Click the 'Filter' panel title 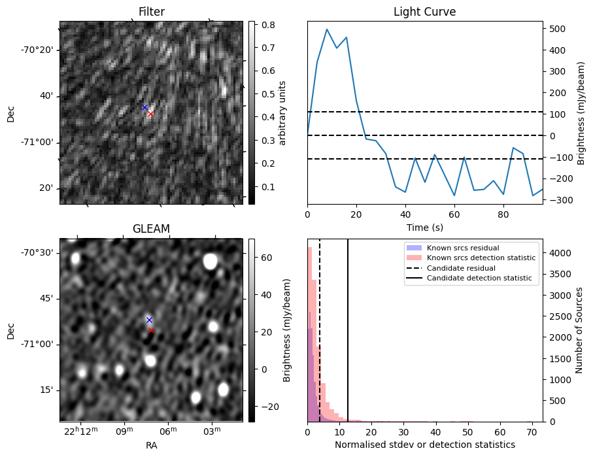[151, 12]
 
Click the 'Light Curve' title [424, 12]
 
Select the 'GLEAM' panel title [151, 228]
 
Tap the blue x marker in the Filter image [144, 107]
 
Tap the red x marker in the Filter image [150, 114]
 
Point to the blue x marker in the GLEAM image [149, 320]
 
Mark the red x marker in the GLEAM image [151, 330]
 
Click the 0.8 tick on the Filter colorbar [267, 25]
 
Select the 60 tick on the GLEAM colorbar [267, 258]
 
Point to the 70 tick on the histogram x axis [532, 432]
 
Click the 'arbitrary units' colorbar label [283, 112]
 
